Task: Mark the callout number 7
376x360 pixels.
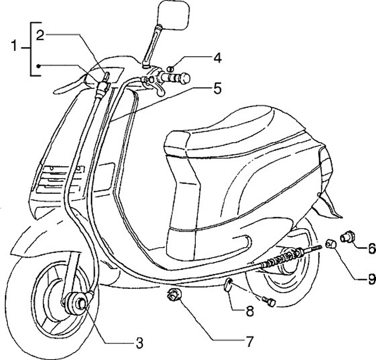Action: (249, 342)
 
